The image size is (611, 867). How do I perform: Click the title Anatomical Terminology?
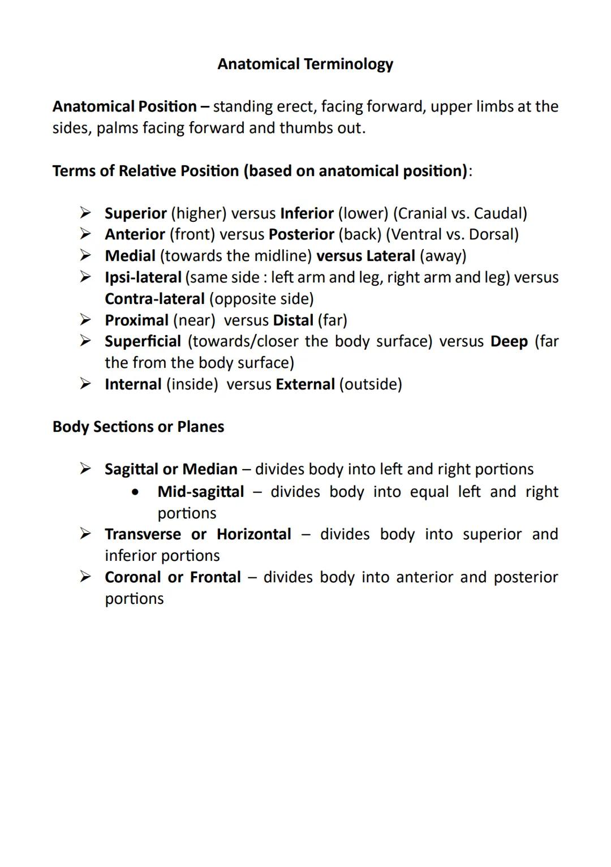pyautogui.click(x=305, y=64)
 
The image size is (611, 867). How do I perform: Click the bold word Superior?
pyautogui.click(x=135, y=213)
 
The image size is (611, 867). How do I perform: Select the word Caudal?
pyautogui.click(x=498, y=213)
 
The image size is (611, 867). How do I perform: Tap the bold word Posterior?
pyautogui.click(x=301, y=234)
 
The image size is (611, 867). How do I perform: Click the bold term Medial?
pyautogui.click(x=130, y=256)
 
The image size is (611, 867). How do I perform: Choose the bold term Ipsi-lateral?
pyautogui.click(x=143, y=277)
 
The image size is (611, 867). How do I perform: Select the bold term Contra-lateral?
pyautogui.click(x=154, y=299)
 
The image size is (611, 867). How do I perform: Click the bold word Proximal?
pyautogui.click(x=136, y=320)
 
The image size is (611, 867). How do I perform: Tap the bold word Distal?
pyautogui.click(x=292, y=320)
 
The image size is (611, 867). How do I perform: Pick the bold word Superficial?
pyautogui.click(x=143, y=341)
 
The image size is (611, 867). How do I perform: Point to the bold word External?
pyautogui.click(x=305, y=384)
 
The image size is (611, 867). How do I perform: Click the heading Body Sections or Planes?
pyautogui.click(x=138, y=427)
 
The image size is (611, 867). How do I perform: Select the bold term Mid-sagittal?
pyautogui.click(x=201, y=491)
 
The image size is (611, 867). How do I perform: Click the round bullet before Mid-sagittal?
pyautogui.click(x=135, y=492)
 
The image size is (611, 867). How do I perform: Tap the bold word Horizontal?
pyautogui.click(x=253, y=534)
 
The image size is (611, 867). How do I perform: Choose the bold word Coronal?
pyautogui.click(x=132, y=577)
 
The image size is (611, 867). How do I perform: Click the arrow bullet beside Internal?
pyautogui.click(x=85, y=384)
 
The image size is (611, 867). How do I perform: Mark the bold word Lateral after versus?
pyautogui.click(x=390, y=256)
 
